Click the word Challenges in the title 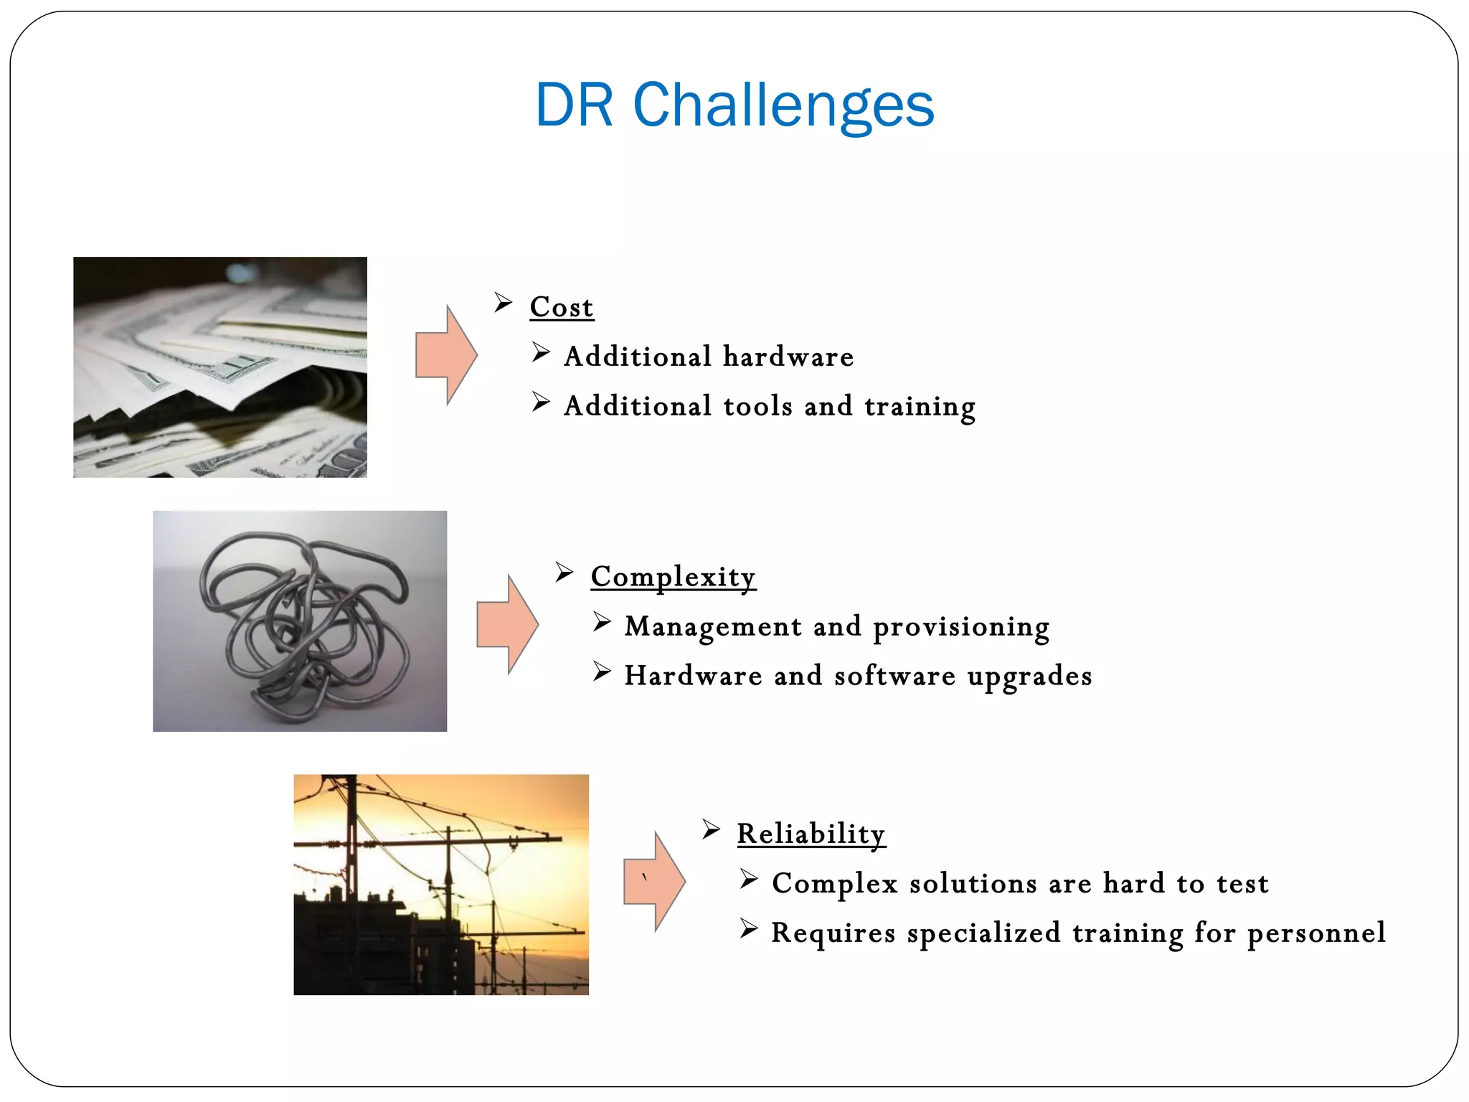(x=783, y=105)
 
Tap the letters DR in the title (x=575, y=105)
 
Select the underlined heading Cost (x=562, y=307)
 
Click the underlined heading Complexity (x=673, y=577)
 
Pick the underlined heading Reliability (x=811, y=834)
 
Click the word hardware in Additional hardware (x=788, y=357)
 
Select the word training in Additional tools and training (x=920, y=407)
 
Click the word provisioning (x=961, y=627)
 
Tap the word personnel (x=1316, y=933)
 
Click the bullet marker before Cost (x=503, y=303)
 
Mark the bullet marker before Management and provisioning (x=602, y=622)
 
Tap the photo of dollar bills (x=220, y=367)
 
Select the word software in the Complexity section (x=894, y=677)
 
